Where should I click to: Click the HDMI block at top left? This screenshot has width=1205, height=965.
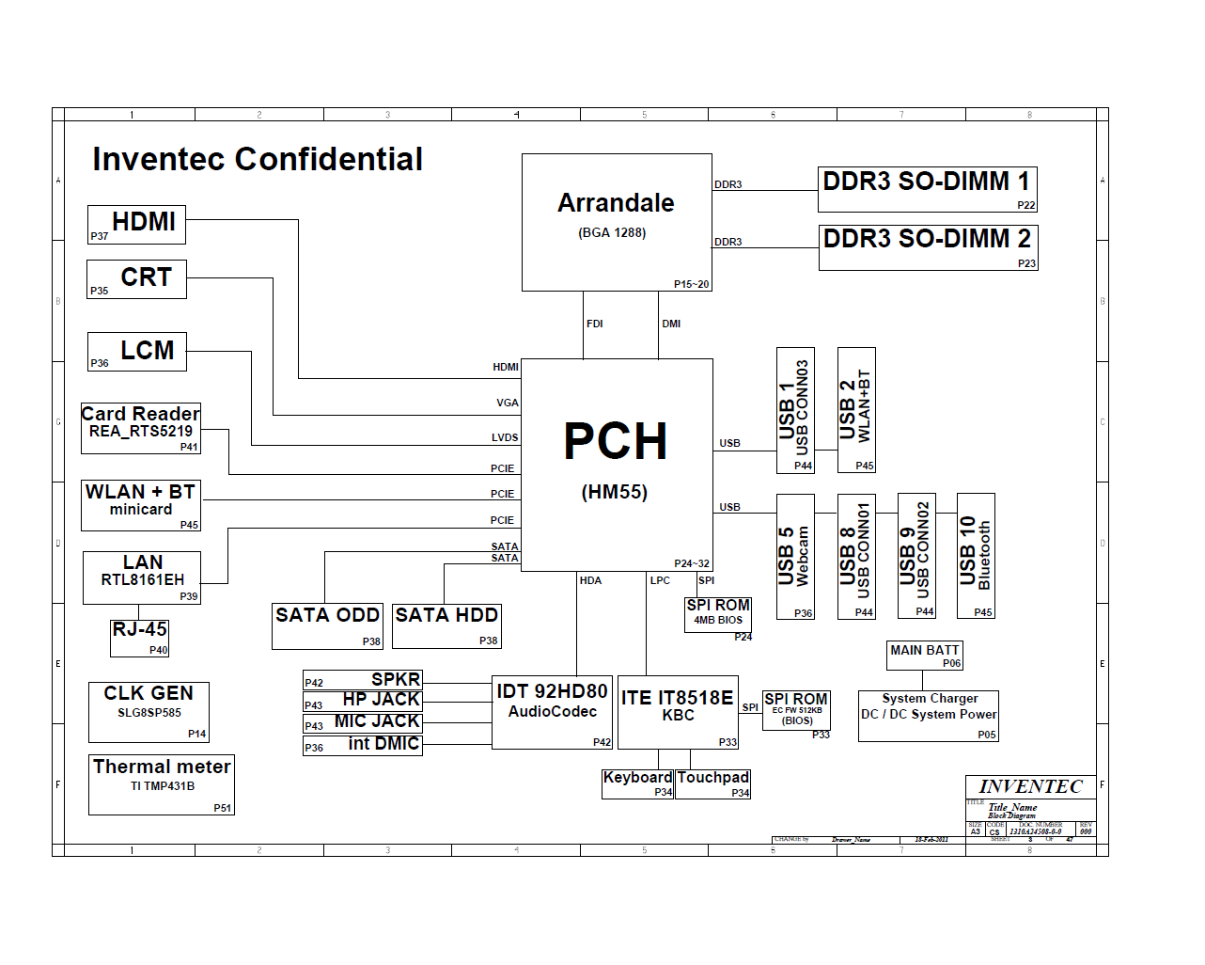[x=136, y=225]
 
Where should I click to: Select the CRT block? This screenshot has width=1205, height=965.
[x=136, y=279]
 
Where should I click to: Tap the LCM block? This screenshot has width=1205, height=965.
[x=136, y=352]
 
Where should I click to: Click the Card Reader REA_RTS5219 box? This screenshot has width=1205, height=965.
[x=141, y=429]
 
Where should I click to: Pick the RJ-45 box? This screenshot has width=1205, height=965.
[x=140, y=638]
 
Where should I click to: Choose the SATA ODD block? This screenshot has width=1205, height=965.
[x=327, y=626]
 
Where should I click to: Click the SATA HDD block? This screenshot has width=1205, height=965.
[x=446, y=626]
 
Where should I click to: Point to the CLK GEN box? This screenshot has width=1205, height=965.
[x=149, y=712]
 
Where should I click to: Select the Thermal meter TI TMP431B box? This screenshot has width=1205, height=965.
[x=162, y=784]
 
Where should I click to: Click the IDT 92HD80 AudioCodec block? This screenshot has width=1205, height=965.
[x=552, y=712]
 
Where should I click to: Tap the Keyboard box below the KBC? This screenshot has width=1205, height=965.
[x=637, y=783]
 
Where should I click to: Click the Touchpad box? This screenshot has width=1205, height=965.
[x=712, y=783]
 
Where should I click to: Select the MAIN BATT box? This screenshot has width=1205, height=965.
[x=925, y=656]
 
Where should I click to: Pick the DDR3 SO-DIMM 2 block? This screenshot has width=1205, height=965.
[x=928, y=247]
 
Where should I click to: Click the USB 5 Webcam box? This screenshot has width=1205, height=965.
[x=795, y=556]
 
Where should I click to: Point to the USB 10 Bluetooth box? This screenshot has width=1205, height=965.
[x=976, y=556]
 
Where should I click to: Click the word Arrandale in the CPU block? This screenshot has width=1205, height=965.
[x=616, y=203]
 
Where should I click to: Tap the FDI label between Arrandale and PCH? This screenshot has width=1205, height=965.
[x=595, y=324]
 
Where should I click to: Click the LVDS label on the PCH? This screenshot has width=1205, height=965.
[x=505, y=437]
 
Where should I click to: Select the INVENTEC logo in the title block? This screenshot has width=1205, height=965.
[x=1030, y=787]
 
